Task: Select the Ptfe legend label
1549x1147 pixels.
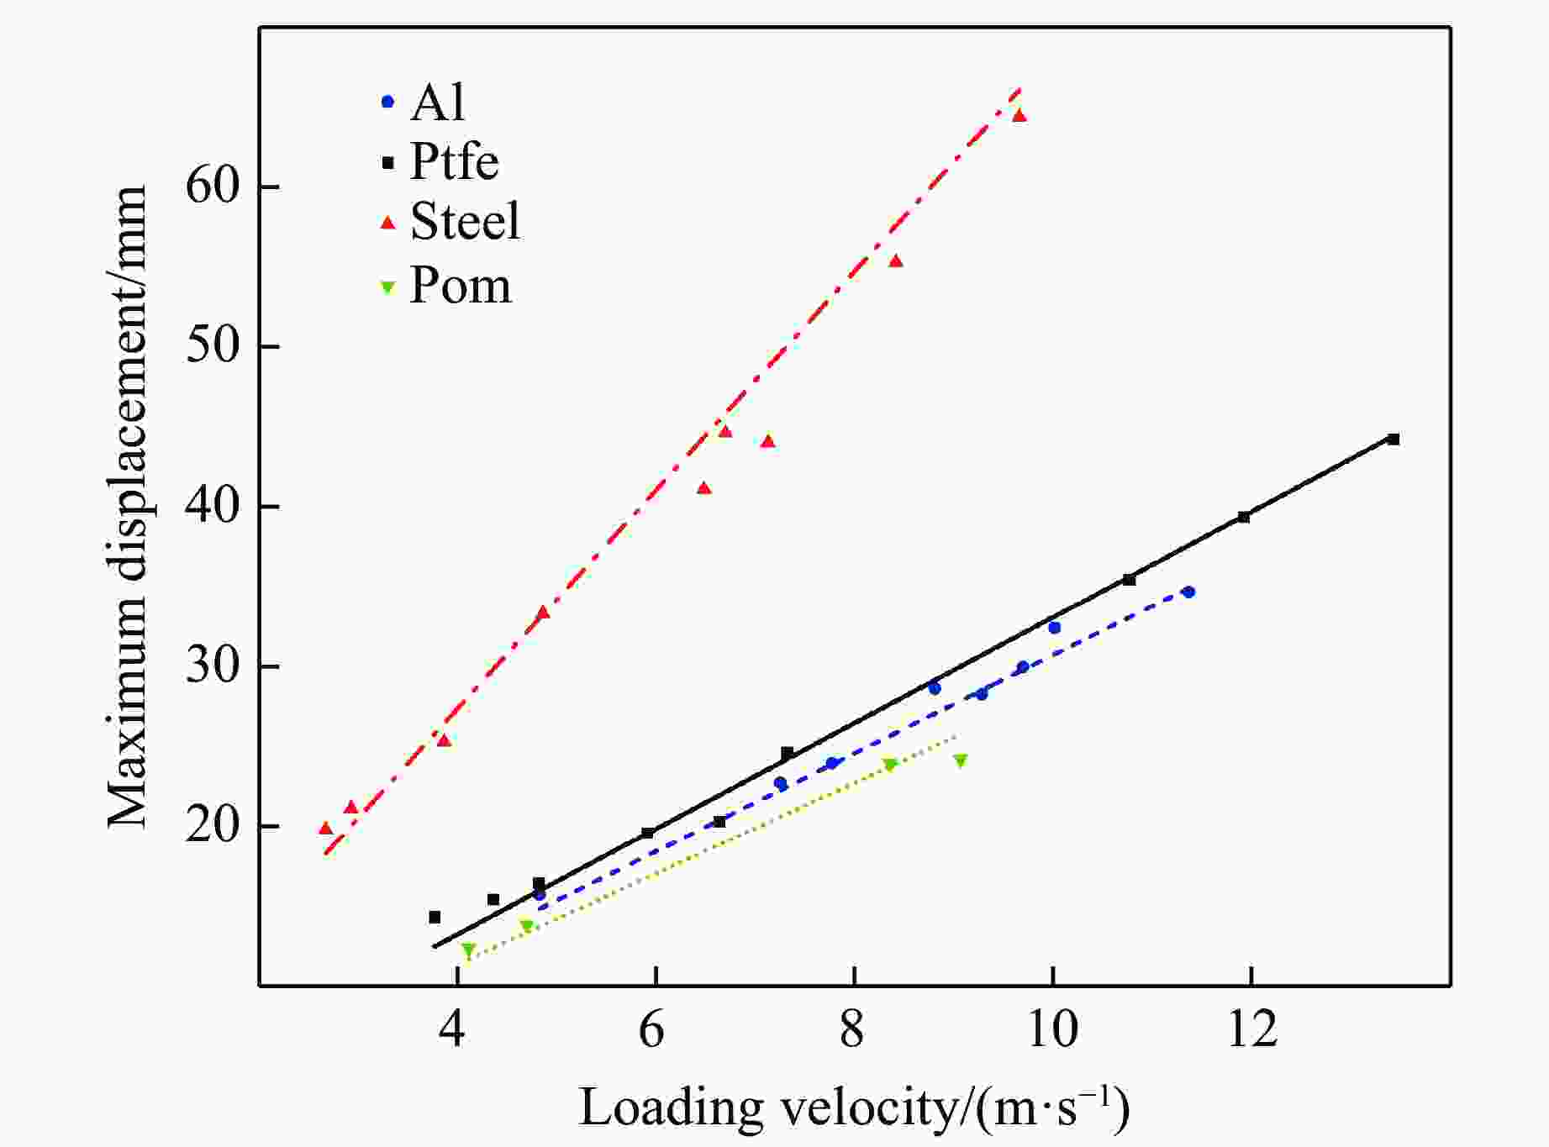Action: coord(454,161)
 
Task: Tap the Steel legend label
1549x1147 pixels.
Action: coord(465,221)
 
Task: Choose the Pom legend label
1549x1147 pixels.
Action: coord(460,286)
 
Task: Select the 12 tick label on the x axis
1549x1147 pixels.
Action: coord(1251,1029)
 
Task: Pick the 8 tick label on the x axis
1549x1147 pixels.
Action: coord(853,1029)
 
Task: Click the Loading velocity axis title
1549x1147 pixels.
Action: coord(854,1108)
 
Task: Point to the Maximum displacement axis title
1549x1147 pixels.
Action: coord(128,506)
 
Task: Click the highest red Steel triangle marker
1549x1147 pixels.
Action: coord(1019,115)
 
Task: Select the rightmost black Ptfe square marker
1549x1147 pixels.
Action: coord(1393,439)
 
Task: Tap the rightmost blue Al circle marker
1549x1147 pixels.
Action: coord(1188,592)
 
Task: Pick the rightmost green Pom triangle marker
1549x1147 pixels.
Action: coord(960,760)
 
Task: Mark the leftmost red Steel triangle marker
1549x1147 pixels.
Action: coord(326,829)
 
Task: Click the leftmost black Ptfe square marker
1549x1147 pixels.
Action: coord(435,917)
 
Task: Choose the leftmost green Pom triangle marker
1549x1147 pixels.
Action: coord(468,950)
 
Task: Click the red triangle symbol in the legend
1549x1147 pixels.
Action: coord(387,223)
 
